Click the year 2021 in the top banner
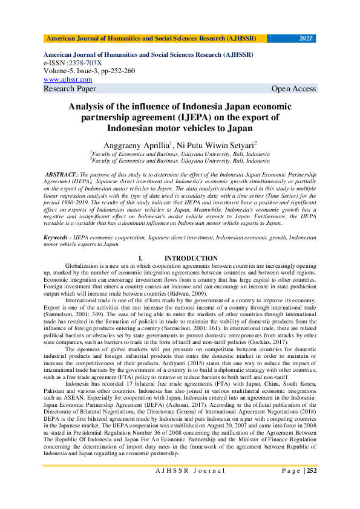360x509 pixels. tap(306, 39)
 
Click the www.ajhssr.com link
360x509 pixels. tap(68, 79)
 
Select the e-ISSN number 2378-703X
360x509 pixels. tap(86, 63)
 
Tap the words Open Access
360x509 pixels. tap(293, 89)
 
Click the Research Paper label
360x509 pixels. tap(70, 89)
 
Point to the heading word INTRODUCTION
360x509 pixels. tap(191, 259)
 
